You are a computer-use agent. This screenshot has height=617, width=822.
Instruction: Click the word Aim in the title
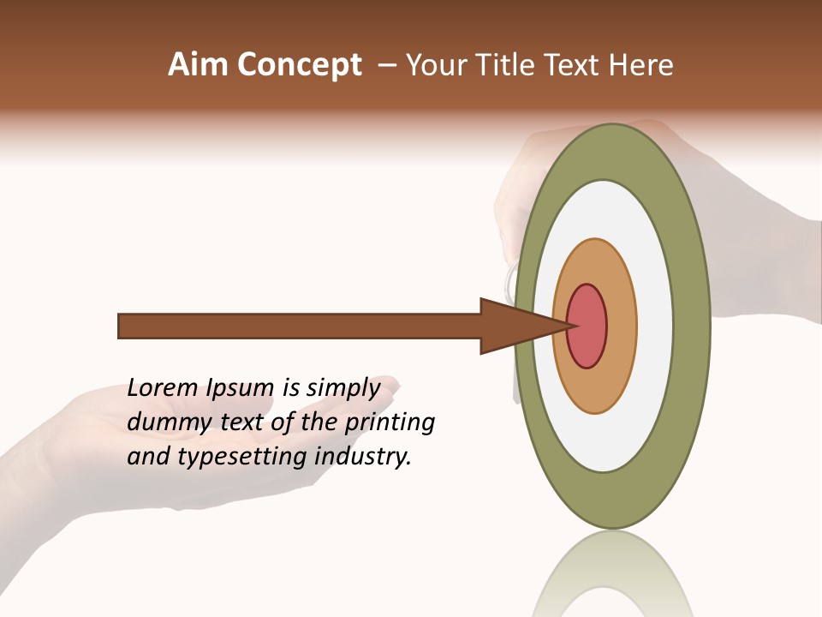pos(197,65)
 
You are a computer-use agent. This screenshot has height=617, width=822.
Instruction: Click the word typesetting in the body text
pos(244,456)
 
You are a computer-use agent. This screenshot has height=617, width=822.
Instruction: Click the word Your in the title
pos(432,65)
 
